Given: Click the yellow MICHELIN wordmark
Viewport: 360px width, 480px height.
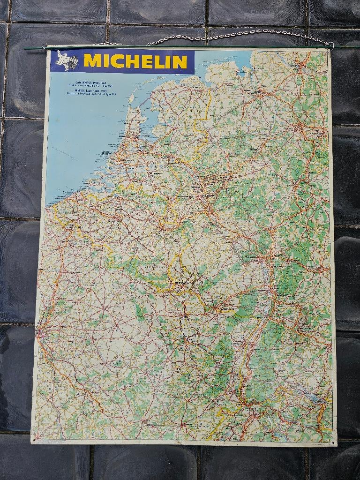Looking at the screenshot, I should click(x=135, y=61).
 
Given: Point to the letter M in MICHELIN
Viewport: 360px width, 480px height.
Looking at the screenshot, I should click(x=92, y=61).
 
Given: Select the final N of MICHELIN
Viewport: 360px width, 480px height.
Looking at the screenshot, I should click(x=180, y=61).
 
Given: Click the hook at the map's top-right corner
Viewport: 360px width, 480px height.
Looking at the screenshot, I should click(x=330, y=45).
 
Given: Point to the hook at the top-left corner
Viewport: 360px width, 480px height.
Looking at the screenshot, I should click(x=45, y=46).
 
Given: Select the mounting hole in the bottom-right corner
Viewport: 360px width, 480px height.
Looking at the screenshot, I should click(x=334, y=441).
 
